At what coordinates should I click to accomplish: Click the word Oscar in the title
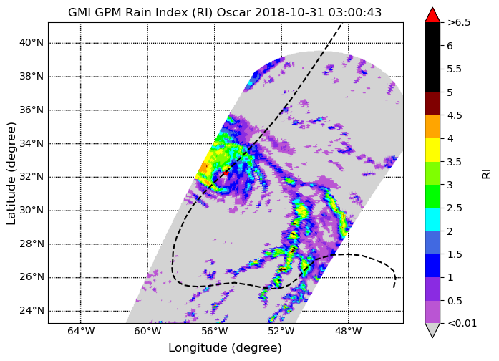point(234,12)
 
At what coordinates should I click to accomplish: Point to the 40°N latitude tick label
point(32,43)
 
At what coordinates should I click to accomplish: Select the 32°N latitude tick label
point(32,177)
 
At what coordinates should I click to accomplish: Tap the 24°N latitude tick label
point(32,310)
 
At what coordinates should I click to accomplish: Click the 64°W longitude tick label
point(81,332)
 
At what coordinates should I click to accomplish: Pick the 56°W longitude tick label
point(215,332)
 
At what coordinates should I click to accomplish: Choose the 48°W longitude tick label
point(348,332)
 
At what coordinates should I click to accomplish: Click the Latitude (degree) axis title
point(11,173)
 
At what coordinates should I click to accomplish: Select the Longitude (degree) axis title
point(226,347)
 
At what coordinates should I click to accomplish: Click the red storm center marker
point(226,173)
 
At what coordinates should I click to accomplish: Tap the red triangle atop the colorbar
point(432,15)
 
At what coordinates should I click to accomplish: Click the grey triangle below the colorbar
point(432,329)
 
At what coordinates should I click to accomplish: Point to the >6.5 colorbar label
point(459,23)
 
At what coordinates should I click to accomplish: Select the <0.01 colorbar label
point(462,324)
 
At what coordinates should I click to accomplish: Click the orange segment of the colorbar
point(432,127)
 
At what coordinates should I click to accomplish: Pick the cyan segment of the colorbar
point(432,219)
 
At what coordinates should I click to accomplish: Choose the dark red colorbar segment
point(432,103)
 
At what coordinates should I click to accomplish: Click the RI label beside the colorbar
point(486,174)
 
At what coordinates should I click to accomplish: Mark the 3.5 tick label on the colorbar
point(455,162)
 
